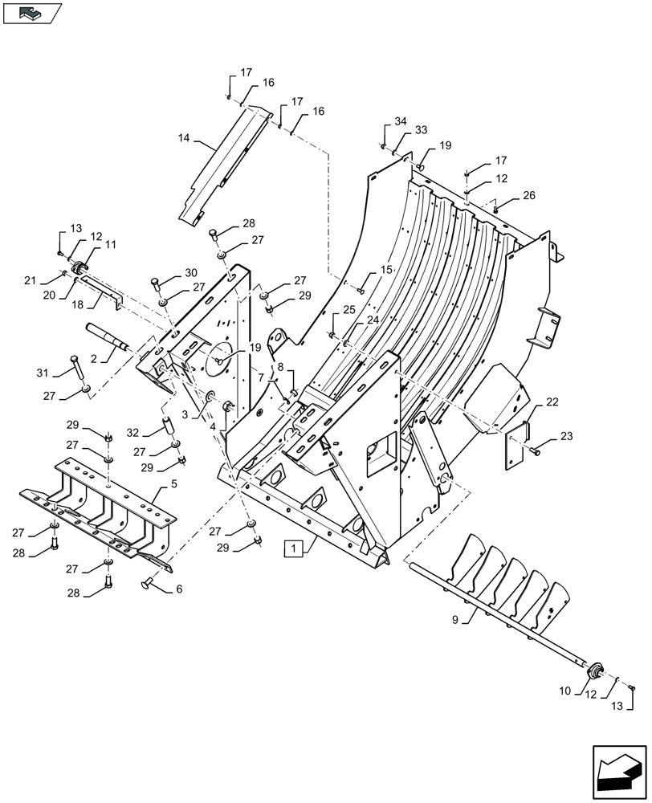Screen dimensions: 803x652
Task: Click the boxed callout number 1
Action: (x=295, y=549)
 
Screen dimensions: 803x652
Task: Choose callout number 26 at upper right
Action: (x=528, y=195)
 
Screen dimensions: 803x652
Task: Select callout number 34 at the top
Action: (x=400, y=121)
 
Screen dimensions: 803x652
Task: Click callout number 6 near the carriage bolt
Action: (x=179, y=589)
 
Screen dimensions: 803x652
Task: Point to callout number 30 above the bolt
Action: (x=190, y=272)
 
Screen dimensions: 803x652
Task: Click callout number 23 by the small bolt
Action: (x=568, y=437)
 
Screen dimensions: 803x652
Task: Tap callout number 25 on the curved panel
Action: (x=348, y=310)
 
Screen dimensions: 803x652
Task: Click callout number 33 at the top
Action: (x=421, y=130)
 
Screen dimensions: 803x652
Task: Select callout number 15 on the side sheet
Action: (x=387, y=271)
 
